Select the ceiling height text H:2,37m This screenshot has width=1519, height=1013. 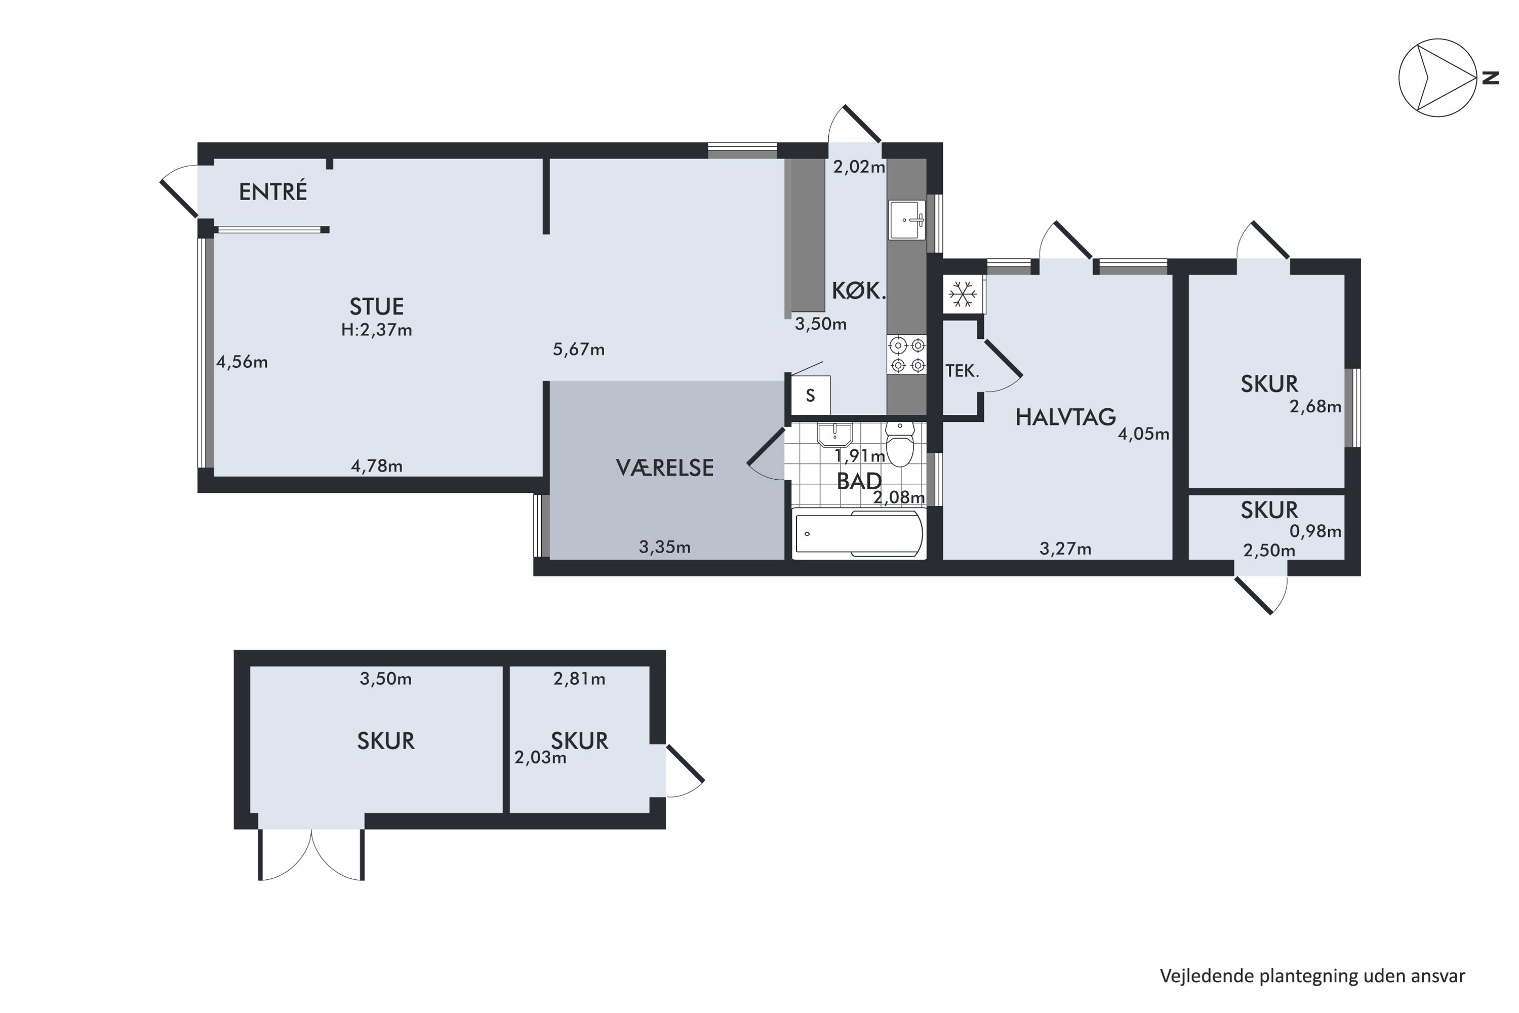tap(377, 330)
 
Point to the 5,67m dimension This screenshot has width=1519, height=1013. tap(579, 349)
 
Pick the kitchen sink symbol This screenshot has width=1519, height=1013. tap(907, 220)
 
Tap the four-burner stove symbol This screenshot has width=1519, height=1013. tap(907, 356)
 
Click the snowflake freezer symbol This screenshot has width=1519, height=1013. tap(963, 295)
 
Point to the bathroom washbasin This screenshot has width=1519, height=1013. tap(834, 435)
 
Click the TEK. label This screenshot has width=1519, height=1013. tap(963, 371)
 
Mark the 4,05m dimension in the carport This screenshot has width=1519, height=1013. tap(1143, 434)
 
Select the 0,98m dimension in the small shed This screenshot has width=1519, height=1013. tap(1315, 531)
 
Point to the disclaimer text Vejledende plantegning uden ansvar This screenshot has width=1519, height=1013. tap(1312, 976)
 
